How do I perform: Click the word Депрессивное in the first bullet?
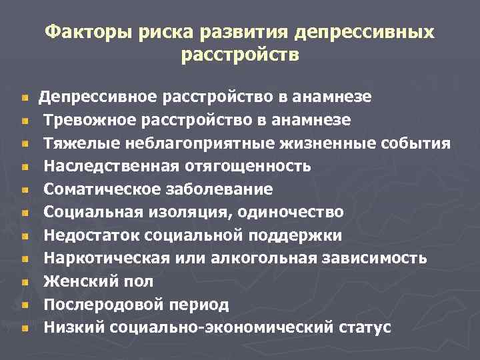coord(97,97)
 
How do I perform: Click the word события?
coord(411,143)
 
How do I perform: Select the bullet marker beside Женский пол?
coord(25,282)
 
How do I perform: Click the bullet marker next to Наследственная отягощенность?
coord(25,167)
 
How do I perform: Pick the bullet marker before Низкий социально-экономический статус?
coord(25,328)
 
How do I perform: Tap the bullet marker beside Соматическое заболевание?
coord(25,190)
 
